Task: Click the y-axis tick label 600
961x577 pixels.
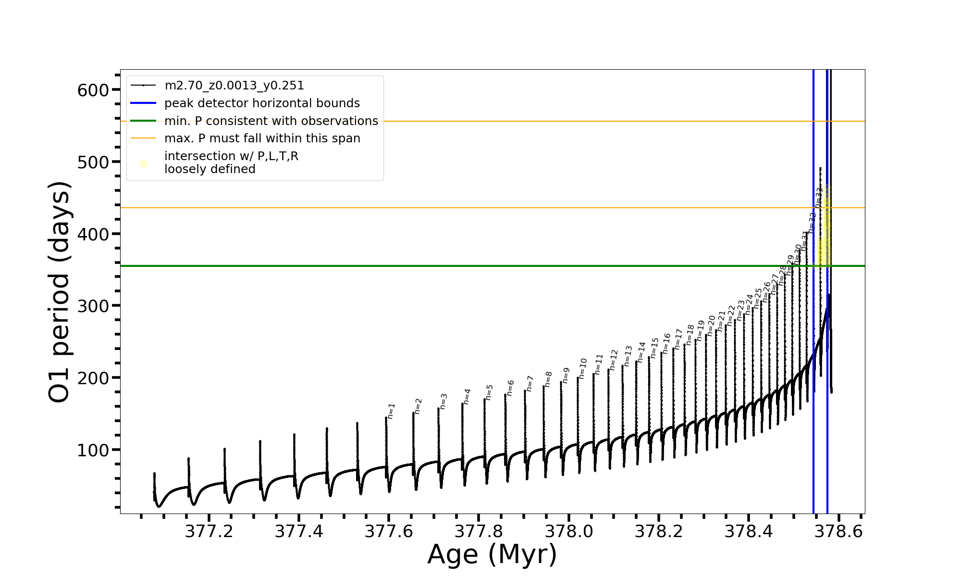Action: [93, 90]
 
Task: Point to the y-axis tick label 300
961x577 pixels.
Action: [93, 306]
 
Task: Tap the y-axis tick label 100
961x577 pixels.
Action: [93, 450]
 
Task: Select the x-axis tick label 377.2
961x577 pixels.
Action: [209, 531]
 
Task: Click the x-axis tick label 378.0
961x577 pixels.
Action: [569, 531]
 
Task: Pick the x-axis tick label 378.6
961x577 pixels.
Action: [839, 531]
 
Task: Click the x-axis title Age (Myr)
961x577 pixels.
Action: [492, 554]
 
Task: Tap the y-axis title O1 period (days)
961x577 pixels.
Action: [60, 291]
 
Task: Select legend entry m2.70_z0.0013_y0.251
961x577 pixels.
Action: [234, 86]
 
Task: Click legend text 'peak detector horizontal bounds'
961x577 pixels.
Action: [262, 103]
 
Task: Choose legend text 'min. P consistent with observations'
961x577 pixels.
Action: [271, 121]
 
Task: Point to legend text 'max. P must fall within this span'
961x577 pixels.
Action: [262, 138]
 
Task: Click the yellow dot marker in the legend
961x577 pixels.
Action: [143, 164]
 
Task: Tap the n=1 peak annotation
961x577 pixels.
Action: [392, 411]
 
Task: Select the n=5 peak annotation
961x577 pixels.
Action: [490, 392]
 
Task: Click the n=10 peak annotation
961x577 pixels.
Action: [583, 369]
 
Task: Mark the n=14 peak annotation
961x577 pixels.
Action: [641, 352]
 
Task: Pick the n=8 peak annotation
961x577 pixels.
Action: [549, 379]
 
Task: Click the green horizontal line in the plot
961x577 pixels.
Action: [432, 266]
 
